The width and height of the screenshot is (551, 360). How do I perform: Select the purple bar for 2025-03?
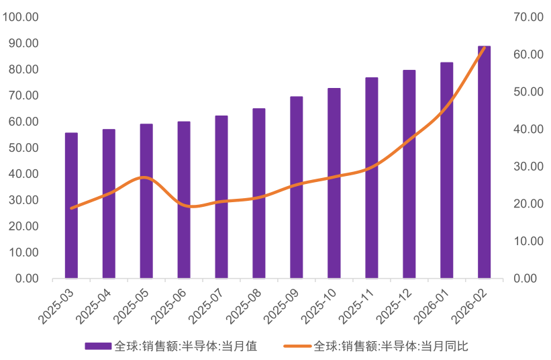71,206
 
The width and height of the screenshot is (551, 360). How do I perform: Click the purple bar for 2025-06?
184,200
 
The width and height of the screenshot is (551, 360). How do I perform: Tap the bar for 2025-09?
297,187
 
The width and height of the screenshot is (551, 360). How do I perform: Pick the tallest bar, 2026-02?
485,162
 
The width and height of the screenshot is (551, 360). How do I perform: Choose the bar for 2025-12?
409,175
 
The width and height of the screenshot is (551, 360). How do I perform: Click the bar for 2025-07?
221,197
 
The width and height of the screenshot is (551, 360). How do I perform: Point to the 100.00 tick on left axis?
20,17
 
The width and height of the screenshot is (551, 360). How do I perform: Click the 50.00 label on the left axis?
23,148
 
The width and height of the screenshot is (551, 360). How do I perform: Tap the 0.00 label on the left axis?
27,279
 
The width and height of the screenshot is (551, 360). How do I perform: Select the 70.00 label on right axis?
528,17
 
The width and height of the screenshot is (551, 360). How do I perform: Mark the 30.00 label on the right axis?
528,167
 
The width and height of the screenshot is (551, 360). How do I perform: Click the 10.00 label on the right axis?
528,241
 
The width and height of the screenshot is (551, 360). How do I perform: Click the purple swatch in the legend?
99,347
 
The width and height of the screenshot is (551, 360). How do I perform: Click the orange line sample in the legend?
297,347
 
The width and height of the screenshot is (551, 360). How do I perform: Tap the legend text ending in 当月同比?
391,347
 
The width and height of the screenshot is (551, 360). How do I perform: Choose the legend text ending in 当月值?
185,347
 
